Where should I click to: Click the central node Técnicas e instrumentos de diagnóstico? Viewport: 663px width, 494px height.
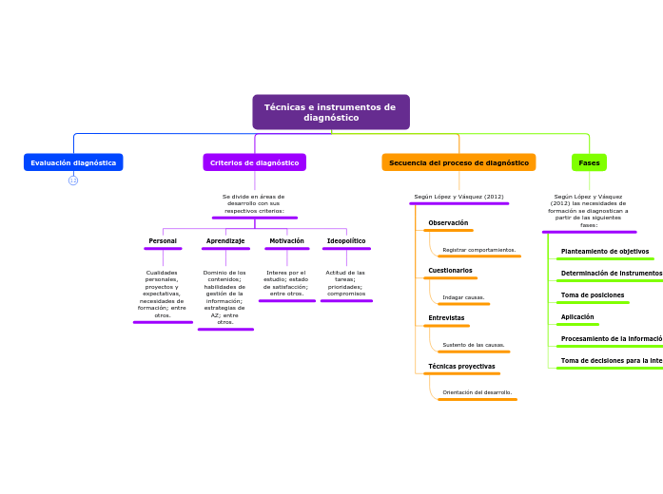coord(330,112)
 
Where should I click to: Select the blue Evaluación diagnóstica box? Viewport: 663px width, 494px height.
coord(73,162)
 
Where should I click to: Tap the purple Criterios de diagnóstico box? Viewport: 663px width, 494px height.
coord(254,162)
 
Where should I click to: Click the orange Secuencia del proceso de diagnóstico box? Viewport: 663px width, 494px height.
coord(458,162)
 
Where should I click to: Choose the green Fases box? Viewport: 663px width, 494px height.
coord(589,162)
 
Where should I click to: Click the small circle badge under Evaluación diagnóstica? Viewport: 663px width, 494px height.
coord(73,180)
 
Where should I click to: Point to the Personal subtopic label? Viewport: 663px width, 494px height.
coord(163,241)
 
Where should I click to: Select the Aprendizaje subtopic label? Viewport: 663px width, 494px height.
coord(225,241)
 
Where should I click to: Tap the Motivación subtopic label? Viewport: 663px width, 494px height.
coord(286,241)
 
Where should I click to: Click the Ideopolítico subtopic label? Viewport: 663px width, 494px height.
coord(346,241)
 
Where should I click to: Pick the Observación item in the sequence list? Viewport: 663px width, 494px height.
coord(448,223)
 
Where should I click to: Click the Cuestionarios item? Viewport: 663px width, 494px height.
coord(450,271)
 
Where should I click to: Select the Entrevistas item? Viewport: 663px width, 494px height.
coord(446,318)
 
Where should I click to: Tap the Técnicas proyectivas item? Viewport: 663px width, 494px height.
coord(461,367)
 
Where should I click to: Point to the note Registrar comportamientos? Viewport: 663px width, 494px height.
coord(478,250)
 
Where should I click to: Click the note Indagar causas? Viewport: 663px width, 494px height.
coord(463,297)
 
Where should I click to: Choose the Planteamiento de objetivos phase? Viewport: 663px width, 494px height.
coord(605,252)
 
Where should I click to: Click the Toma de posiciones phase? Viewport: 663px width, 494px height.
coord(593,295)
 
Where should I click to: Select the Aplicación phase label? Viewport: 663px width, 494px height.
coord(577,317)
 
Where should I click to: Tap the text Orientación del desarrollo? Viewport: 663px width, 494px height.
coord(477,392)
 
